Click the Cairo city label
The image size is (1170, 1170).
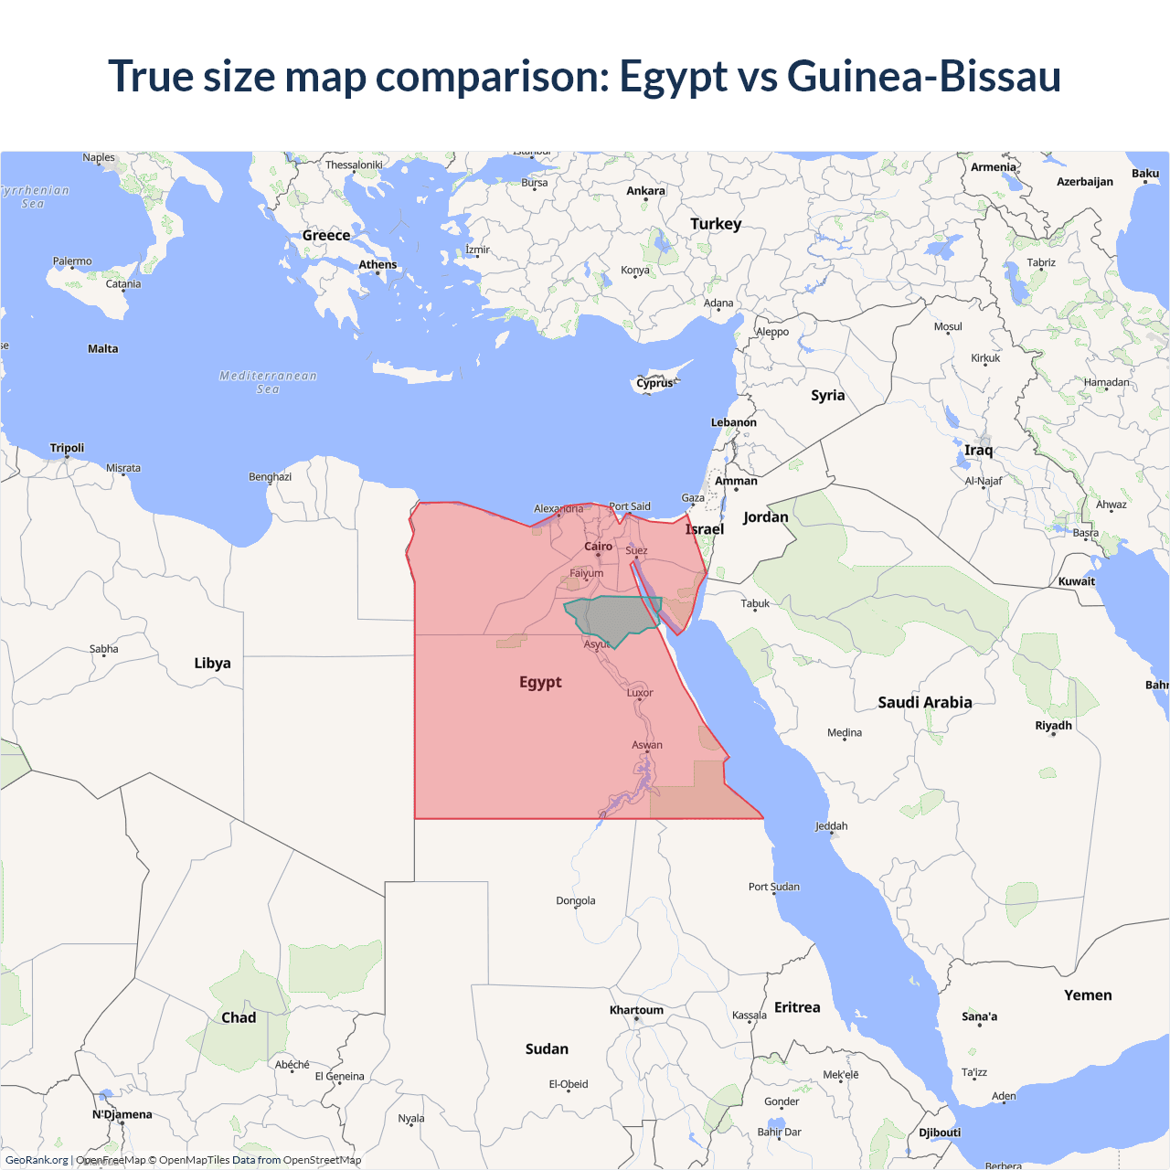tap(598, 547)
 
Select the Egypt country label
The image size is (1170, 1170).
tap(540, 682)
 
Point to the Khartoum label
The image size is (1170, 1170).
tap(636, 1010)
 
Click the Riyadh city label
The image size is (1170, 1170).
tap(1053, 726)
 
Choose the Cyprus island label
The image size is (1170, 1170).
tap(654, 383)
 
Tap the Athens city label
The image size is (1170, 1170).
tap(378, 265)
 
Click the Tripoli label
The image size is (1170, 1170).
tap(67, 448)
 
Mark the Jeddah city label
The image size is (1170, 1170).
tap(831, 826)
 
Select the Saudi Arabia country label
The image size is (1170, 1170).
tap(924, 702)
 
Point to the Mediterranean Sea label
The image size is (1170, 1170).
tap(268, 382)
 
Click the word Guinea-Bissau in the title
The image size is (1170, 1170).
tap(923, 76)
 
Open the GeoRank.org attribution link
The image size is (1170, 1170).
tap(37, 1160)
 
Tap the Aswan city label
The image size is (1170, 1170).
tap(647, 745)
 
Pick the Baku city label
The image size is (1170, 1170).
tap(1144, 174)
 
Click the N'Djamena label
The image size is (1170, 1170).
tap(122, 1114)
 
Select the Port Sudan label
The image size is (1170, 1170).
tap(773, 887)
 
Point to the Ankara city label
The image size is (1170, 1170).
tap(645, 191)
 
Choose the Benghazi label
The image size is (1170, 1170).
tap(270, 477)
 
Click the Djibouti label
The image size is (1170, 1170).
tap(940, 1133)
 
